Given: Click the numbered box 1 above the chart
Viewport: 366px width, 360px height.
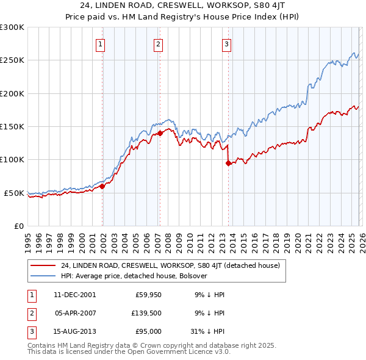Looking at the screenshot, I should pos(99,43).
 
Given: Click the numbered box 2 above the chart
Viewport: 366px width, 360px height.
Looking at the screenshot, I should pos(158,43).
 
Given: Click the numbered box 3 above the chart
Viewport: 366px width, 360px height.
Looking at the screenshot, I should pos(226,43).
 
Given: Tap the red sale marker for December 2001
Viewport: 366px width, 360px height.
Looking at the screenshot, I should pos(102,187).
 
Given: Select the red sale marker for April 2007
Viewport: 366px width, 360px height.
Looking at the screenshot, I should pos(160,132).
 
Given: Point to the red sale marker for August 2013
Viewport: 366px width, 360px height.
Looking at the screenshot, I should pos(228,163).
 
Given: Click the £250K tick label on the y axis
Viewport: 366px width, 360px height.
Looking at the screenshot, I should pos(12,60).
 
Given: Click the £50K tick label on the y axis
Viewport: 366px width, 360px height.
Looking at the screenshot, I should pos(14,193).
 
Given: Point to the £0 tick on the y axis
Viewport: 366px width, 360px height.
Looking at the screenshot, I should pos(18,226).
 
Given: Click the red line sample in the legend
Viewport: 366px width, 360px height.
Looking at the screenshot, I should pos(43,265).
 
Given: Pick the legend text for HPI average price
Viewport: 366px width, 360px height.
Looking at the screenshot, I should pos(134,276).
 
